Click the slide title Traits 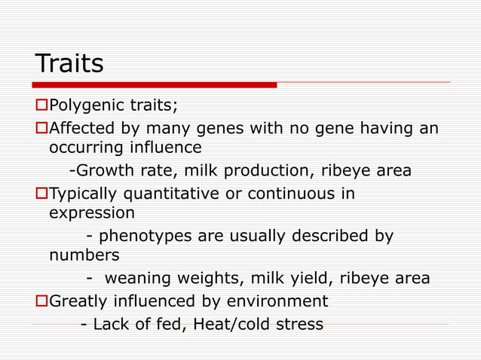(x=69, y=63)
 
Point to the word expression (x=91, y=213)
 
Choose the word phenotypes (x=148, y=236)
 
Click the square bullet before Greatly (x=42, y=301)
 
